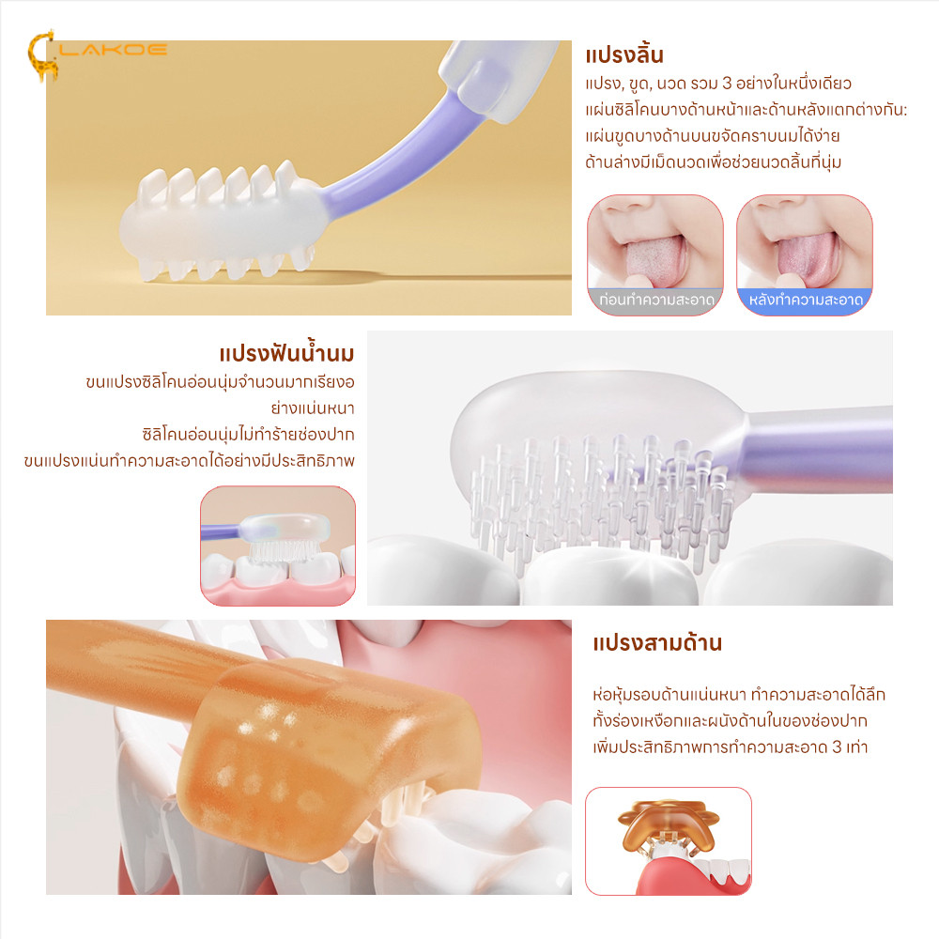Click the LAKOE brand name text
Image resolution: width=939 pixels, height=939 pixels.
coord(113,49)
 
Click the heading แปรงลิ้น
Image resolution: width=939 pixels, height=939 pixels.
coord(624,55)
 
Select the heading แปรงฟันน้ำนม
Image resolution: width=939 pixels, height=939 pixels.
coord(286,353)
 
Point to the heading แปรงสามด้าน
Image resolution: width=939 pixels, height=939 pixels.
coord(657,643)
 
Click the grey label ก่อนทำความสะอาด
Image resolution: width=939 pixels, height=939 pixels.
coord(656,300)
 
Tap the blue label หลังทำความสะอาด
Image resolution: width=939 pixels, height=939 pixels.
coord(806,300)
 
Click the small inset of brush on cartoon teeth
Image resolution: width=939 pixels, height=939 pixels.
coord(278,546)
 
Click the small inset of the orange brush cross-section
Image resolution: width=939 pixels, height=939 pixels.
coord(668,840)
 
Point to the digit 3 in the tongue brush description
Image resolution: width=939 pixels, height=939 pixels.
coord(727,83)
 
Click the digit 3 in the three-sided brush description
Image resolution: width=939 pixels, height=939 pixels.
coord(838,747)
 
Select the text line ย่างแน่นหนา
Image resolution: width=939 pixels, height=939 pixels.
coord(313,408)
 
